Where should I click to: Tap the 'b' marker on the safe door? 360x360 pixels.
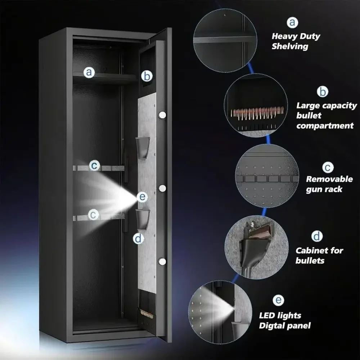click(x=147, y=76)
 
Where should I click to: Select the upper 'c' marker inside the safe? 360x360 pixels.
click(x=94, y=165)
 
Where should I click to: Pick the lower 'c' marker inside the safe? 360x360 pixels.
click(x=93, y=215)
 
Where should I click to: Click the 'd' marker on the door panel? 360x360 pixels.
click(x=139, y=239)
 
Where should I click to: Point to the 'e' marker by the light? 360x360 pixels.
click(x=142, y=197)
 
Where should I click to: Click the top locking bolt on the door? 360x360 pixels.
click(x=162, y=115)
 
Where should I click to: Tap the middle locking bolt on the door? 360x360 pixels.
click(x=162, y=188)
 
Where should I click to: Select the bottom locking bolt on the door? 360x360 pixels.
click(x=162, y=261)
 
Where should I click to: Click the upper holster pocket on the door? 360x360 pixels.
click(x=143, y=147)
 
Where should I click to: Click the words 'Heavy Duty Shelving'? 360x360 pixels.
click(x=296, y=41)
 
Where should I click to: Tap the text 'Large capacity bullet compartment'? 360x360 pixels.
click(x=327, y=116)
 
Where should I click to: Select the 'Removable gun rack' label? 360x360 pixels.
click(x=329, y=184)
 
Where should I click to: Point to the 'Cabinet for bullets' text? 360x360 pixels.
click(x=319, y=255)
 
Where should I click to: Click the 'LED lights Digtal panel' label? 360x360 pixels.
click(x=285, y=320)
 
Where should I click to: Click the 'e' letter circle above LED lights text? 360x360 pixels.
click(x=278, y=300)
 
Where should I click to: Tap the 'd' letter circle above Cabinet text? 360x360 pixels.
click(x=317, y=236)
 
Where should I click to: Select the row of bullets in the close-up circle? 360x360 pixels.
click(x=257, y=113)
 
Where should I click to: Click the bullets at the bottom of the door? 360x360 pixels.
click(x=147, y=314)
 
